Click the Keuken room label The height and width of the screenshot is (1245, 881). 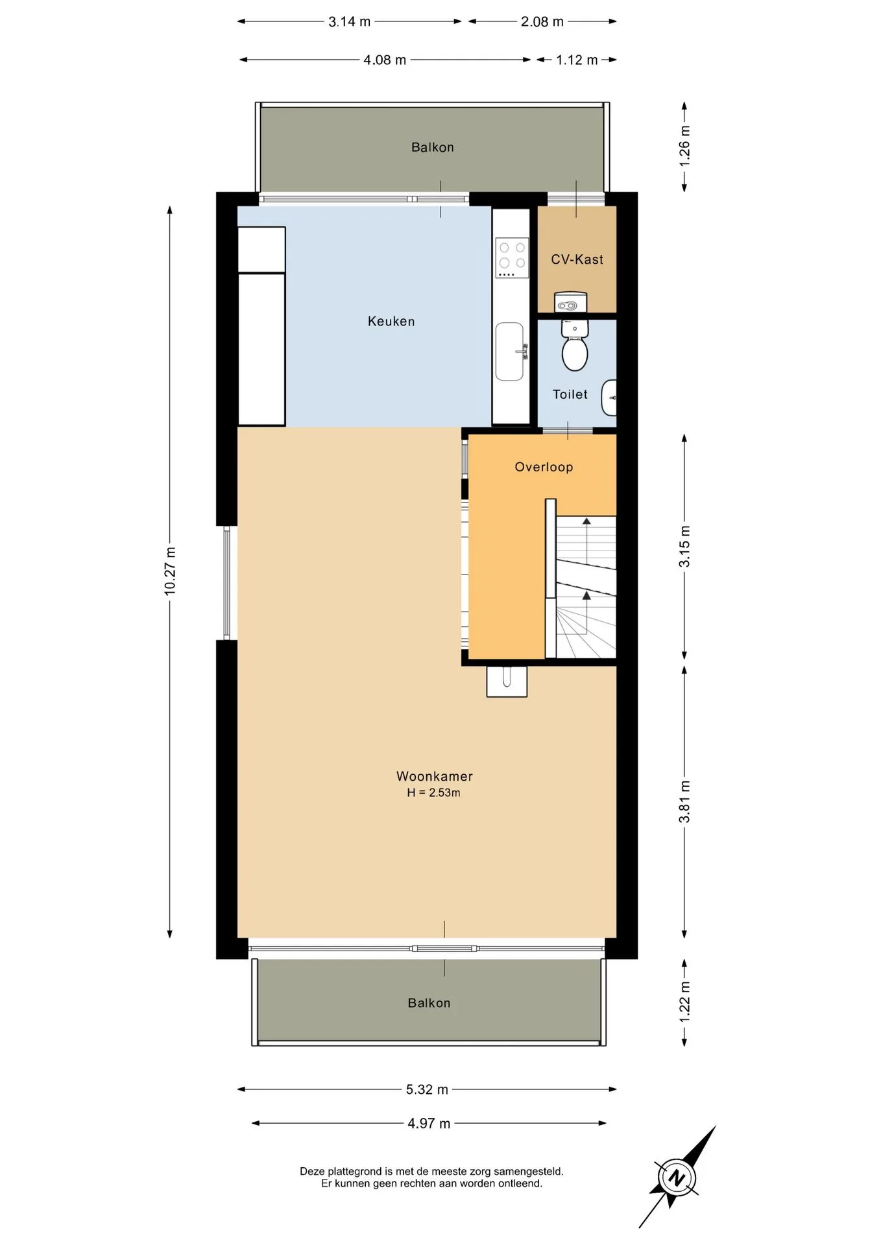391,321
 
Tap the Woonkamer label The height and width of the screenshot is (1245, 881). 435,776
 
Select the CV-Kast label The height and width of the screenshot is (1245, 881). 577,259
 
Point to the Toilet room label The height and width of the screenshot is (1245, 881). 570,394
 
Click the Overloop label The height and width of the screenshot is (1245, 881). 544,467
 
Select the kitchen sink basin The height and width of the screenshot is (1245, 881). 510,351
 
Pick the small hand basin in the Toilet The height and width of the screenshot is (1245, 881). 609,397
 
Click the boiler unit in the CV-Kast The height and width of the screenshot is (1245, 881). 570,302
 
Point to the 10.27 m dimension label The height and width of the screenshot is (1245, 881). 170,571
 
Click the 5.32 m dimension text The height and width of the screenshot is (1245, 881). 427,1089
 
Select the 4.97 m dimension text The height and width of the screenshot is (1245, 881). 429,1123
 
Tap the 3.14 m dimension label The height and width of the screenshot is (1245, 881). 349,21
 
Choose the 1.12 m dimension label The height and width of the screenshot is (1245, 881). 577,60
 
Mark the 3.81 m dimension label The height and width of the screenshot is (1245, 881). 684,802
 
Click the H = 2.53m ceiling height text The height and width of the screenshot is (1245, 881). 433,792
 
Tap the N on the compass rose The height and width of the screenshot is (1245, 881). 677,1178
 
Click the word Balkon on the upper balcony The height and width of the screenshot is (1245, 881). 433,147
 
